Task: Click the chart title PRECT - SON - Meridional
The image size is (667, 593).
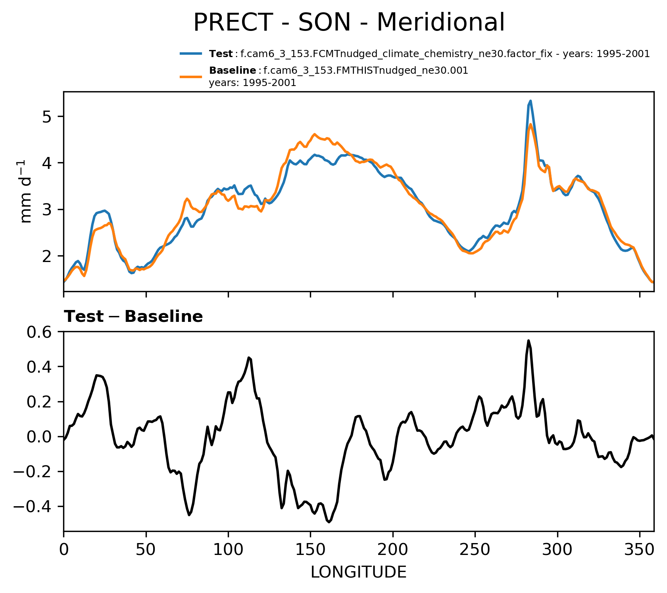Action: point(349,23)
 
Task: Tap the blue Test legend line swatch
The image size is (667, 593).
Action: point(191,54)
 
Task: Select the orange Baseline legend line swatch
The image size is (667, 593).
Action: point(191,77)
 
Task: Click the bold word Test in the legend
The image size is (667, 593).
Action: point(221,54)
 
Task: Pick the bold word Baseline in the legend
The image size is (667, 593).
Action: point(233,71)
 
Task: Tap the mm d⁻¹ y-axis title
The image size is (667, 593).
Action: point(26,191)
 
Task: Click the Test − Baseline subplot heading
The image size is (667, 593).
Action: point(133,317)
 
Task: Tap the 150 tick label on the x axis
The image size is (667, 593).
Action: point(310,550)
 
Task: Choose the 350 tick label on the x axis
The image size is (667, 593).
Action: point(639,550)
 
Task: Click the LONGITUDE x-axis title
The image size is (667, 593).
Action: point(358,572)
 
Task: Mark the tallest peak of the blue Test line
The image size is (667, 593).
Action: point(530,101)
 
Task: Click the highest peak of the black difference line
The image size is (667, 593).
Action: point(529,340)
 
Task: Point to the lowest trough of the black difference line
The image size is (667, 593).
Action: point(329,522)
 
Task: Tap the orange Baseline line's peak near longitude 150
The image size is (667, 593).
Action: point(314,134)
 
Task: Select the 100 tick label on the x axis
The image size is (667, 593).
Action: point(228,550)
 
